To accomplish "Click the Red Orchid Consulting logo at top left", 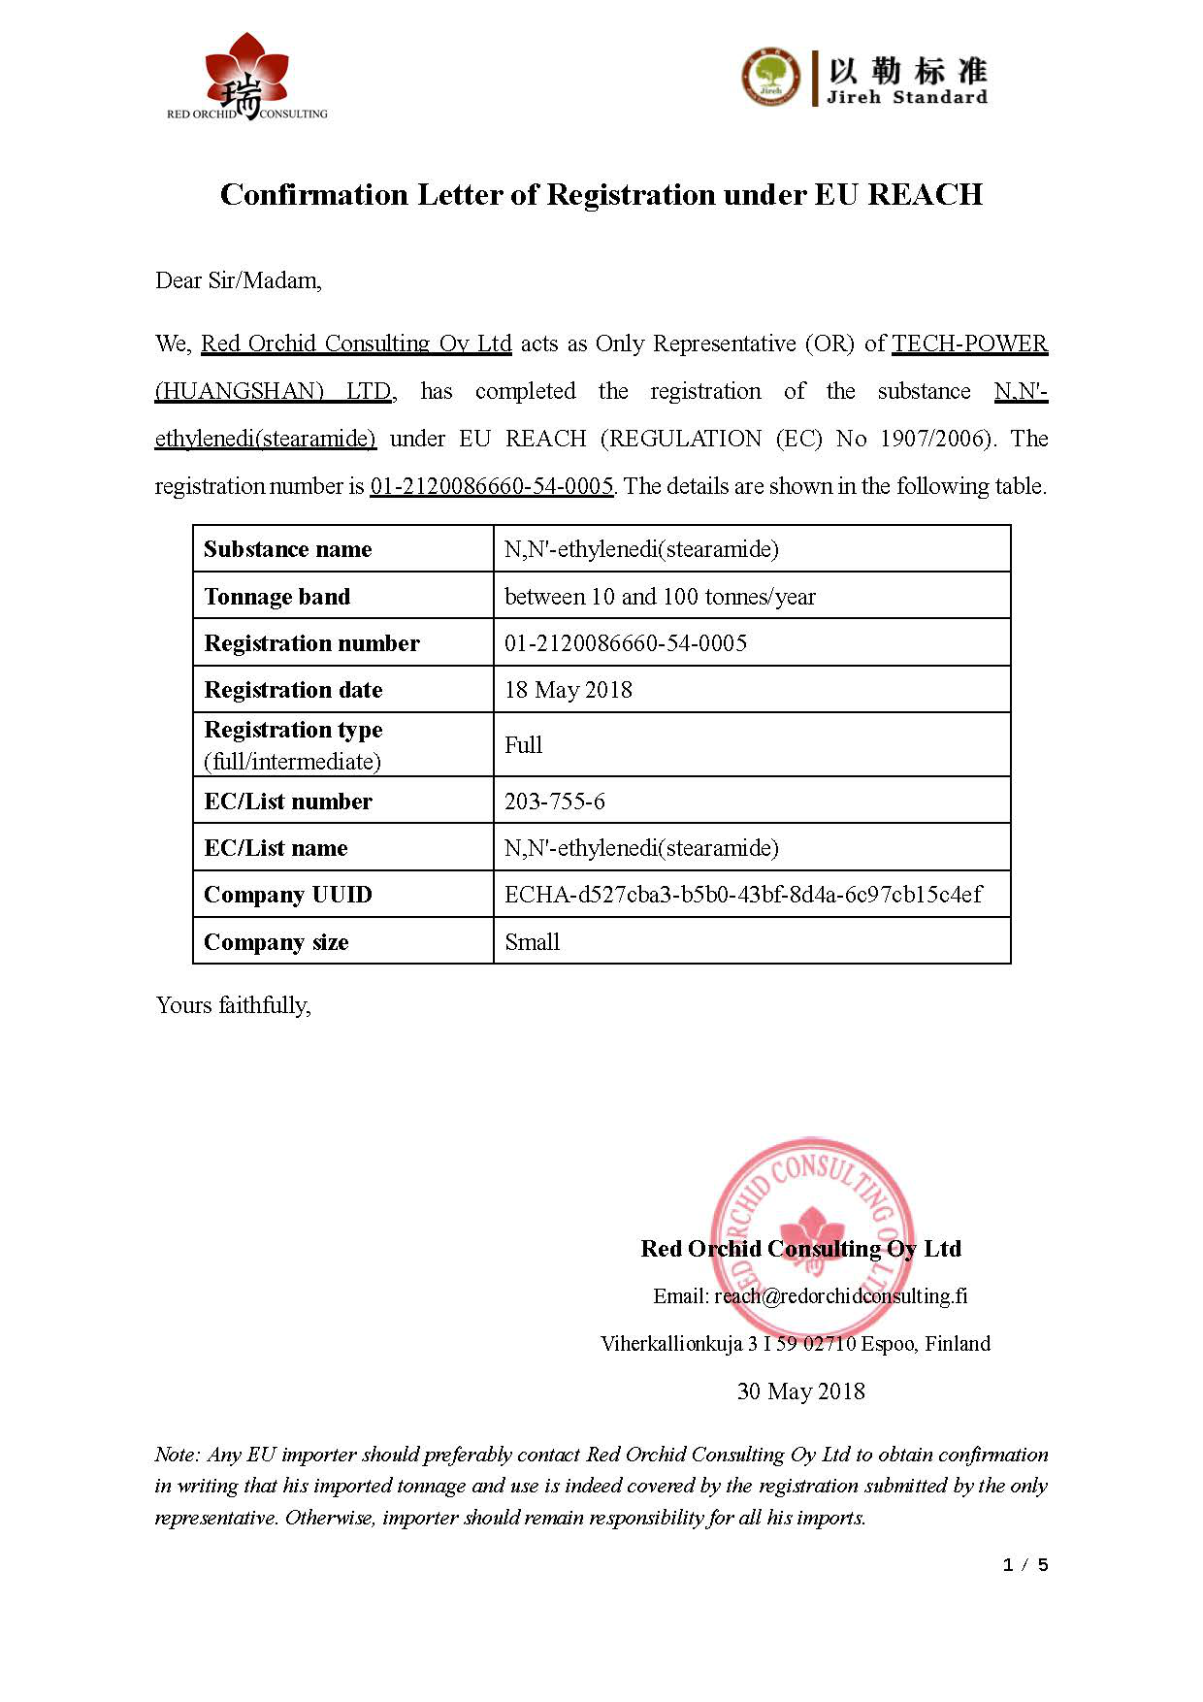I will [x=246, y=78].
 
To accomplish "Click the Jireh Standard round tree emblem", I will [x=771, y=77].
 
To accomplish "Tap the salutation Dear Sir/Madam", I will [x=238, y=280].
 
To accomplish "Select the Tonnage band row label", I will [x=276, y=597].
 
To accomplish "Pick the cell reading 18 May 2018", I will [x=569, y=690].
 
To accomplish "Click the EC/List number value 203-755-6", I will [x=555, y=802].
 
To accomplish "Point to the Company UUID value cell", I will [x=743, y=895].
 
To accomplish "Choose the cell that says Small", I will [x=533, y=942].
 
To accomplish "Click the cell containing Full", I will [x=523, y=745].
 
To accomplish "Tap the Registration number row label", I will [x=311, y=643].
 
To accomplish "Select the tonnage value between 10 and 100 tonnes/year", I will [x=660, y=597].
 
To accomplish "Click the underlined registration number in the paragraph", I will [x=492, y=486].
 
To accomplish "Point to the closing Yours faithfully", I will [x=233, y=1005].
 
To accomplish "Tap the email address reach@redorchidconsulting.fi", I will [x=840, y=1296].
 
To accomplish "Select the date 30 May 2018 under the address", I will [x=800, y=1391].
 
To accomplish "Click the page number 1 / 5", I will [x=1025, y=1565].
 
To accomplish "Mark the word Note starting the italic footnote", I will [x=176, y=1455].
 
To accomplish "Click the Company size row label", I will [x=276, y=942].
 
